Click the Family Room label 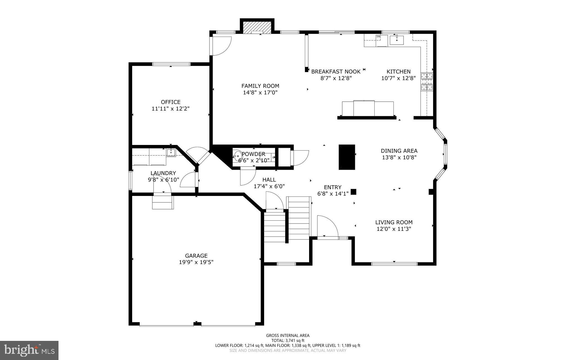pyautogui.click(x=260, y=86)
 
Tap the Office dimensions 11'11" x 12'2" pyautogui.click(x=170, y=109)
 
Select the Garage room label pyautogui.click(x=196, y=256)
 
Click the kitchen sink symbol pyautogui.click(x=397, y=40)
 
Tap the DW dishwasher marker pyautogui.click(x=378, y=37)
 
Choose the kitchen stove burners pyautogui.click(x=427, y=82)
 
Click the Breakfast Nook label pyautogui.click(x=336, y=71)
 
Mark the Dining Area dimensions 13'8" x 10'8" pyautogui.click(x=399, y=158)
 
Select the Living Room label pyautogui.click(x=394, y=222)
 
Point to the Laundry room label pyautogui.click(x=163, y=173)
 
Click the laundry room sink pyautogui.click(x=171, y=153)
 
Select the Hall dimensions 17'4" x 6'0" pyautogui.click(x=269, y=186)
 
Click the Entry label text pyautogui.click(x=332, y=187)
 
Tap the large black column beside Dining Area pyautogui.click(x=346, y=157)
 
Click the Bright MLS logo pyautogui.click(x=29, y=350)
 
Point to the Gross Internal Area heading pyautogui.click(x=288, y=335)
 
